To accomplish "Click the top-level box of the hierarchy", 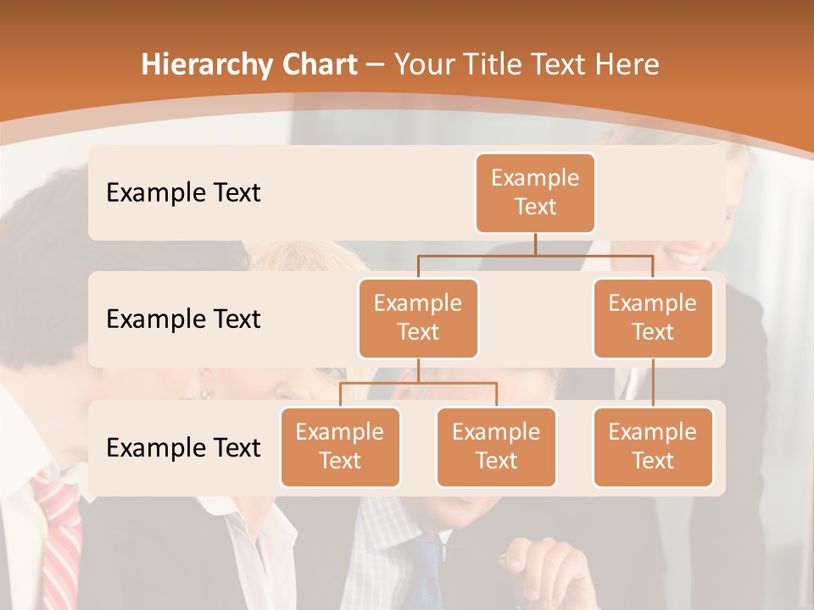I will click(x=535, y=192).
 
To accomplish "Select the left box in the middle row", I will click(x=418, y=318).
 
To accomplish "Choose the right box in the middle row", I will click(x=653, y=318).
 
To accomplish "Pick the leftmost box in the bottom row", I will click(x=340, y=446).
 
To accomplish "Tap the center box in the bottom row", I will click(x=496, y=446).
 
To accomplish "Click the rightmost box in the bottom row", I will click(x=653, y=446).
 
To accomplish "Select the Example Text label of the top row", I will click(x=183, y=192).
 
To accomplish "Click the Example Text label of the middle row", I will click(x=183, y=319).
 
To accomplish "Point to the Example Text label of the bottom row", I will click(x=183, y=447).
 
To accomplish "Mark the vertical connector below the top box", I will click(x=535, y=244).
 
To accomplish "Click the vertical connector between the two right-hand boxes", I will click(x=653, y=382).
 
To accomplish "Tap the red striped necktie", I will click(x=59, y=542).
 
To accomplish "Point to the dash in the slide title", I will click(x=376, y=65).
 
